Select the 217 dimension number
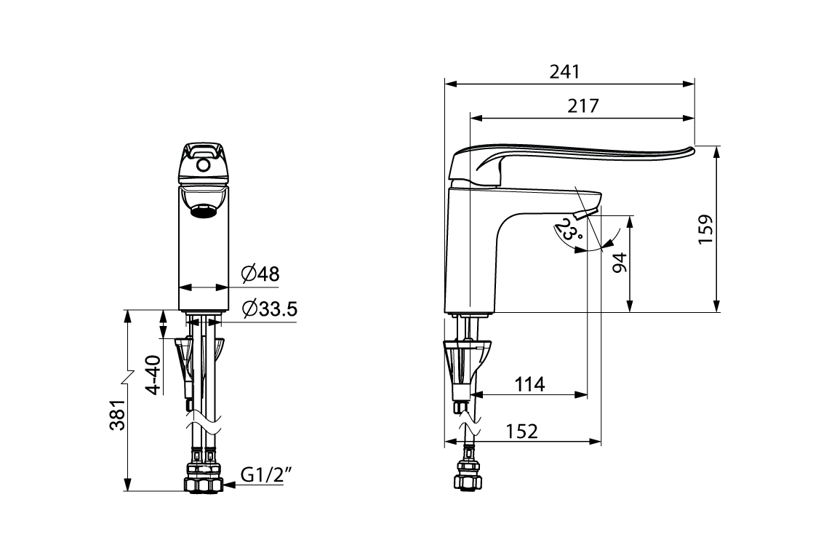582,106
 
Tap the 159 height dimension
705,230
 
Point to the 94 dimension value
619,263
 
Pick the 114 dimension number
529,384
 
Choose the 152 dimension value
522,431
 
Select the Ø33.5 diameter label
268,309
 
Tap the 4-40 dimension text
153,375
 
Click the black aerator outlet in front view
204,212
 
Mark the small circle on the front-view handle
204,167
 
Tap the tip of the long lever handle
690,150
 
